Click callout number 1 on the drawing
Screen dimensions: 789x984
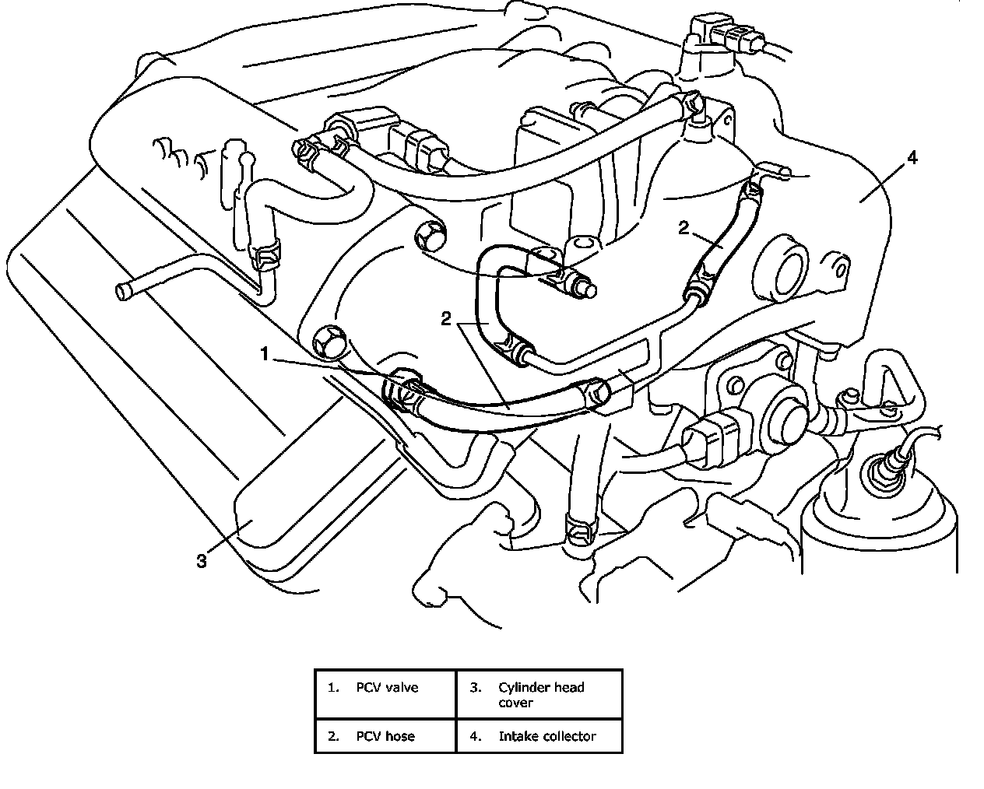point(265,355)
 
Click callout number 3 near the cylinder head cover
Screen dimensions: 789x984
point(202,561)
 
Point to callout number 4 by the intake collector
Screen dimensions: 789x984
point(912,158)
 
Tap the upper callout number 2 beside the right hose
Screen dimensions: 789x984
point(684,227)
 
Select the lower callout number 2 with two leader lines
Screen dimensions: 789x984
point(446,319)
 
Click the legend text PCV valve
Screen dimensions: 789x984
point(387,687)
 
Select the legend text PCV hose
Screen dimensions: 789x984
point(385,736)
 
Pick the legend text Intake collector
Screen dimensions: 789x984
point(547,736)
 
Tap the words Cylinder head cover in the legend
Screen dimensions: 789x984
point(540,695)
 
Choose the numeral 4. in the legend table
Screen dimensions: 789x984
point(476,736)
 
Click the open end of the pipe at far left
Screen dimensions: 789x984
point(122,292)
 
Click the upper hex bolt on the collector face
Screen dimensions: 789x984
point(427,236)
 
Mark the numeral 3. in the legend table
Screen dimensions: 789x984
point(476,687)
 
